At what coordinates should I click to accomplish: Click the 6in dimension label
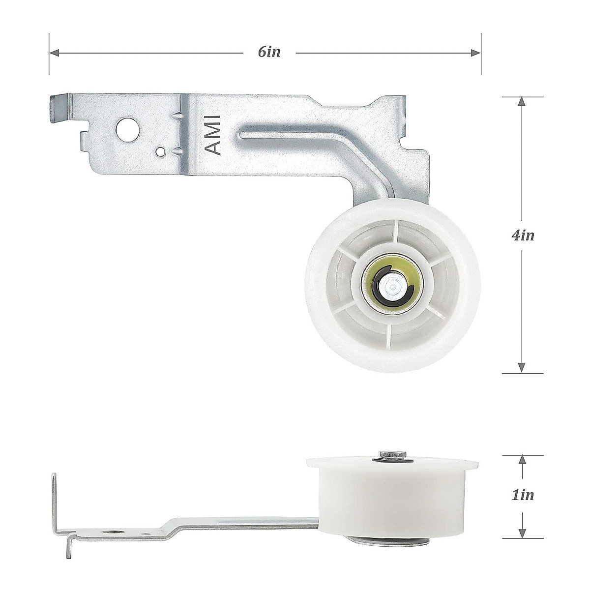(x=269, y=52)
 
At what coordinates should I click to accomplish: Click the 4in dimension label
(x=522, y=235)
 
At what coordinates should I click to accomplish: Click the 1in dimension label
(x=522, y=495)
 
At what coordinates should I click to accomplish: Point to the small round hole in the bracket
(x=160, y=151)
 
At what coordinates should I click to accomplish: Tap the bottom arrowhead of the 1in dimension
(x=522, y=531)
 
